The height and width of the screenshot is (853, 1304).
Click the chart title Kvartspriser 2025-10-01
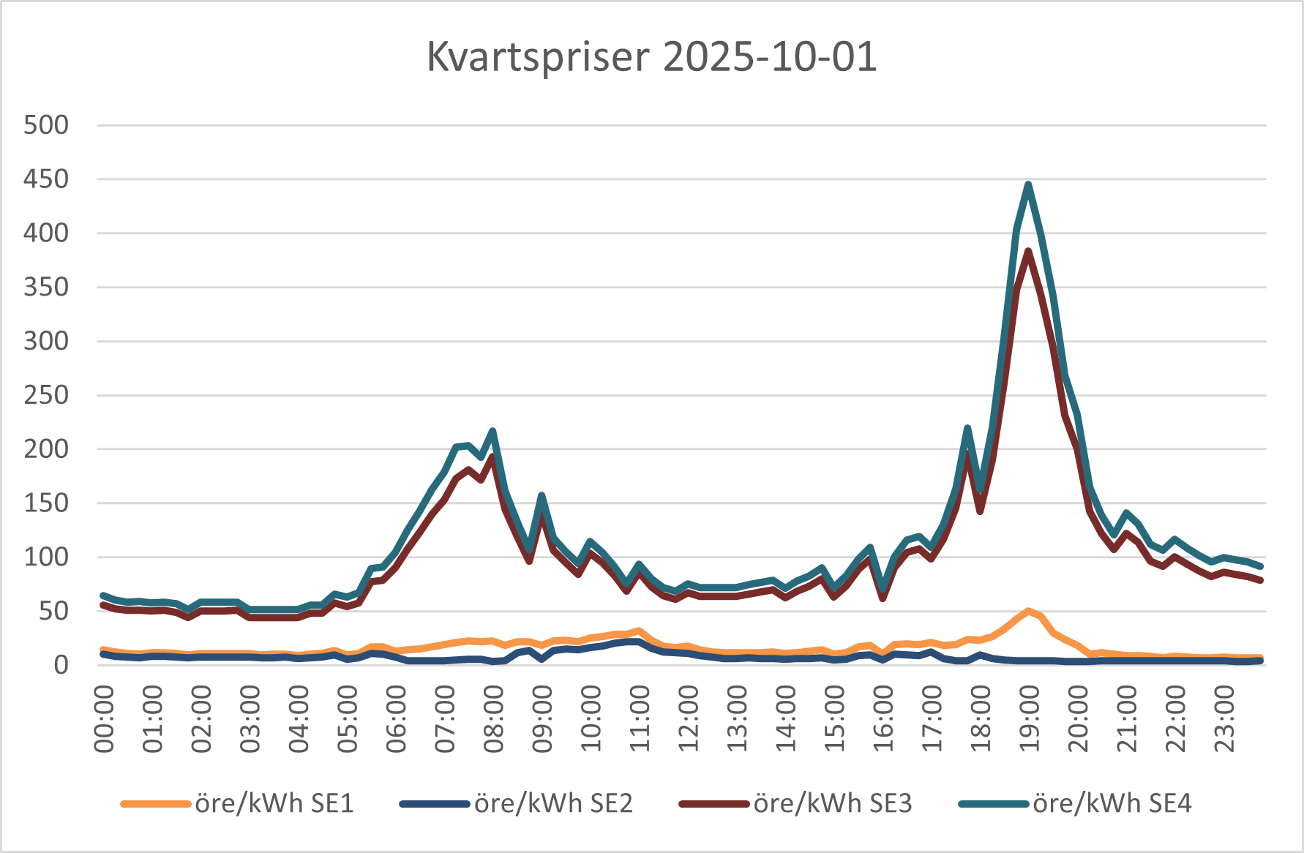click(x=651, y=57)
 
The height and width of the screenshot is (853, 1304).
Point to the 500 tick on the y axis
click(x=46, y=125)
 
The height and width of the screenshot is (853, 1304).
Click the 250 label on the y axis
click(x=46, y=395)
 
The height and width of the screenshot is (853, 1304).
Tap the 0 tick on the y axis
click(x=61, y=665)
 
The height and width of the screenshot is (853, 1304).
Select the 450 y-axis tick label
click(x=46, y=179)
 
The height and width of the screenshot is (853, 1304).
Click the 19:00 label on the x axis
click(x=1029, y=719)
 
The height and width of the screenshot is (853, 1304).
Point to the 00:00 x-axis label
click(x=104, y=719)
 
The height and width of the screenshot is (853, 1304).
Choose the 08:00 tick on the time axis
click(x=493, y=719)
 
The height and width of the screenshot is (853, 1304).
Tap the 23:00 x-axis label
click(x=1224, y=719)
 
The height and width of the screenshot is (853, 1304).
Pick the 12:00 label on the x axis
click(x=688, y=719)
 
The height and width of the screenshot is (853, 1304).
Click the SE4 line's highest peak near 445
click(x=1028, y=184)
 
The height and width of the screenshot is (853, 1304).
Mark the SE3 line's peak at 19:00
click(x=1028, y=252)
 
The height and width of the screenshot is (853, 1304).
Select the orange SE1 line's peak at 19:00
click(x=1028, y=611)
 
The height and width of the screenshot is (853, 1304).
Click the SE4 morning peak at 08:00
click(x=492, y=431)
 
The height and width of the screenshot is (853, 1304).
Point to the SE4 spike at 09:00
click(x=542, y=496)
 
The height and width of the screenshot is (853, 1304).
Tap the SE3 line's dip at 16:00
click(x=883, y=598)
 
